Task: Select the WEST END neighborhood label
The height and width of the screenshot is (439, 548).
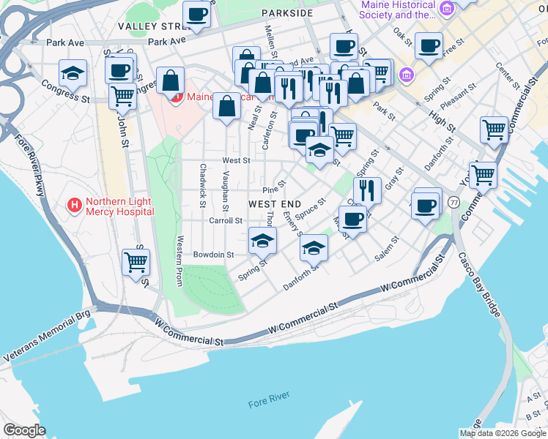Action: point(275,203)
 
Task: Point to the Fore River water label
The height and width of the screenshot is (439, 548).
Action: point(268,402)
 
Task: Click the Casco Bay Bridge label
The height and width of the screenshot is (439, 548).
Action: point(480,285)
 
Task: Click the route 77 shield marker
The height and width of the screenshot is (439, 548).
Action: point(455,202)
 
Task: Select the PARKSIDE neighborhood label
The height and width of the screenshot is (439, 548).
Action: point(285,13)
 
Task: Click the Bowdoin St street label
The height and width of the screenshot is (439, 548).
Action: point(213,255)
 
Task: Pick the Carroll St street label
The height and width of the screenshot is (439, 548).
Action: point(225,220)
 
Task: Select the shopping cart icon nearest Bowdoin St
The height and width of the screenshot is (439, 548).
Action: point(136,261)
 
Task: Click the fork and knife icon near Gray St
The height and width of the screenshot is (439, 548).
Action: point(367,190)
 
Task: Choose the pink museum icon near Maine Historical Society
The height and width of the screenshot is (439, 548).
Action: point(407,75)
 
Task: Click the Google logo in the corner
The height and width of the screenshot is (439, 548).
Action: point(24,430)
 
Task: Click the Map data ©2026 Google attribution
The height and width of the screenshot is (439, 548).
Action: point(503,433)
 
